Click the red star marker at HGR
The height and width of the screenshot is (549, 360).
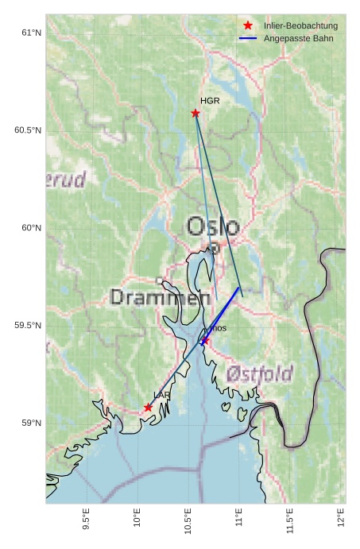coord(195,113)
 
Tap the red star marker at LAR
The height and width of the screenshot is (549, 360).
coord(148,408)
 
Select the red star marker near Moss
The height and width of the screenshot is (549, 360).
coord(205,340)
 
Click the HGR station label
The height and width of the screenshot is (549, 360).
coord(210,101)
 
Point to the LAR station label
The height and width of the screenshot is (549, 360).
coord(161,395)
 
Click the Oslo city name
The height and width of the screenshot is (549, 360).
coord(213,226)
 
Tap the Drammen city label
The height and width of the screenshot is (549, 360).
coord(155,298)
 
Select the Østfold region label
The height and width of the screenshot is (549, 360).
coord(259,373)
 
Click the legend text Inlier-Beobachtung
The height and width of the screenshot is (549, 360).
coord(300,26)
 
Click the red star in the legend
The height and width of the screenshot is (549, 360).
coord(248,26)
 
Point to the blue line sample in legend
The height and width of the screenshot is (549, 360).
coord(248,38)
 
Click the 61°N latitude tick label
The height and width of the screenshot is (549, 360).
coord(31,33)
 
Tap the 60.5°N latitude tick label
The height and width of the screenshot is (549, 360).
coord(27,130)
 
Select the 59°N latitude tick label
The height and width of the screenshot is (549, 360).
coord(31,423)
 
